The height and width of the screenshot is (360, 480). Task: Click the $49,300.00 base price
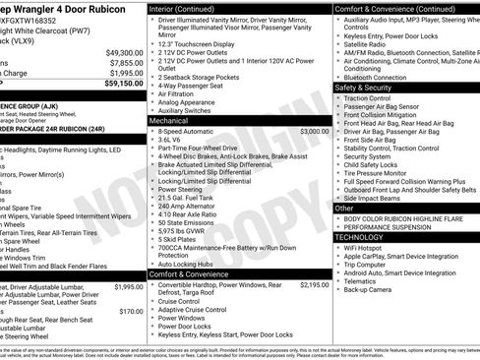click(123, 52)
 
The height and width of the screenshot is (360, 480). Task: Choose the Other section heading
click(344, 209)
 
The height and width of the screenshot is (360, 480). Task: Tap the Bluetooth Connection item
click(377, 77)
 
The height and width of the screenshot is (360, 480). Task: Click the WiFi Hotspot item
click(368, 248)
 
